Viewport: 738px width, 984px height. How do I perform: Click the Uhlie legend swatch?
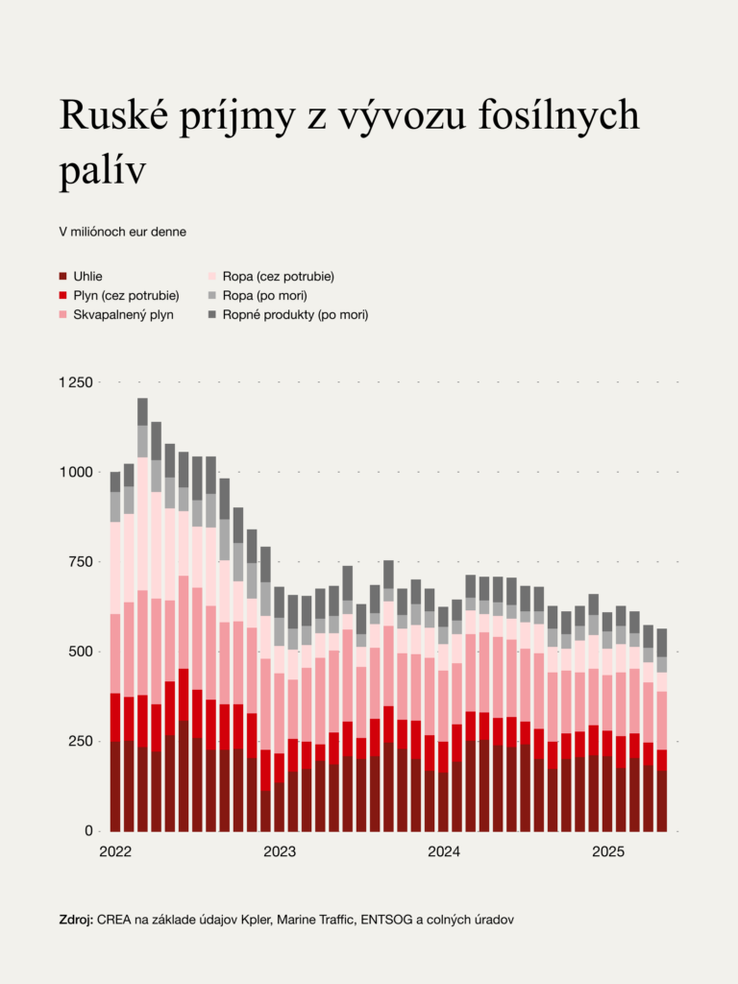[63, 277]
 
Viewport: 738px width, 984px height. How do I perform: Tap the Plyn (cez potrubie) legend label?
[126, 295]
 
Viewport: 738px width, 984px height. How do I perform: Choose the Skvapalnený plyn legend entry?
[123, 314]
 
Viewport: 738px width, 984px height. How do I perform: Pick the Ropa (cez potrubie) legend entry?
[278, 277]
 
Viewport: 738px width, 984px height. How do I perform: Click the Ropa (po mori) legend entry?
[264, 295]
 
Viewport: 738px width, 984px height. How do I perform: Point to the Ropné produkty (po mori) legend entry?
[295, 314]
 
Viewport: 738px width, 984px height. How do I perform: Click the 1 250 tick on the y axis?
[75, 382]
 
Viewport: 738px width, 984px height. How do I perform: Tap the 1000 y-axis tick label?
[78, 472]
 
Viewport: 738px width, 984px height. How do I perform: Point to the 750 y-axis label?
[82, 561]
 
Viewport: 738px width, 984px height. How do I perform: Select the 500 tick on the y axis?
[82, 652]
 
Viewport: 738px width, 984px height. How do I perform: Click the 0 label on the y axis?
[88, 830]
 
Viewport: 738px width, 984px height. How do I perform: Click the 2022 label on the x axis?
[116, 851]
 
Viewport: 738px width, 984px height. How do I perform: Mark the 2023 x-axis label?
[280, 851]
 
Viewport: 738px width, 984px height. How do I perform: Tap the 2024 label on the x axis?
[445, 851]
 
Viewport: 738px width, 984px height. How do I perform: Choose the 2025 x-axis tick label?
[608, 851]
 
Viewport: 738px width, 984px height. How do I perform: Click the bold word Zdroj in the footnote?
[76, 920]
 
